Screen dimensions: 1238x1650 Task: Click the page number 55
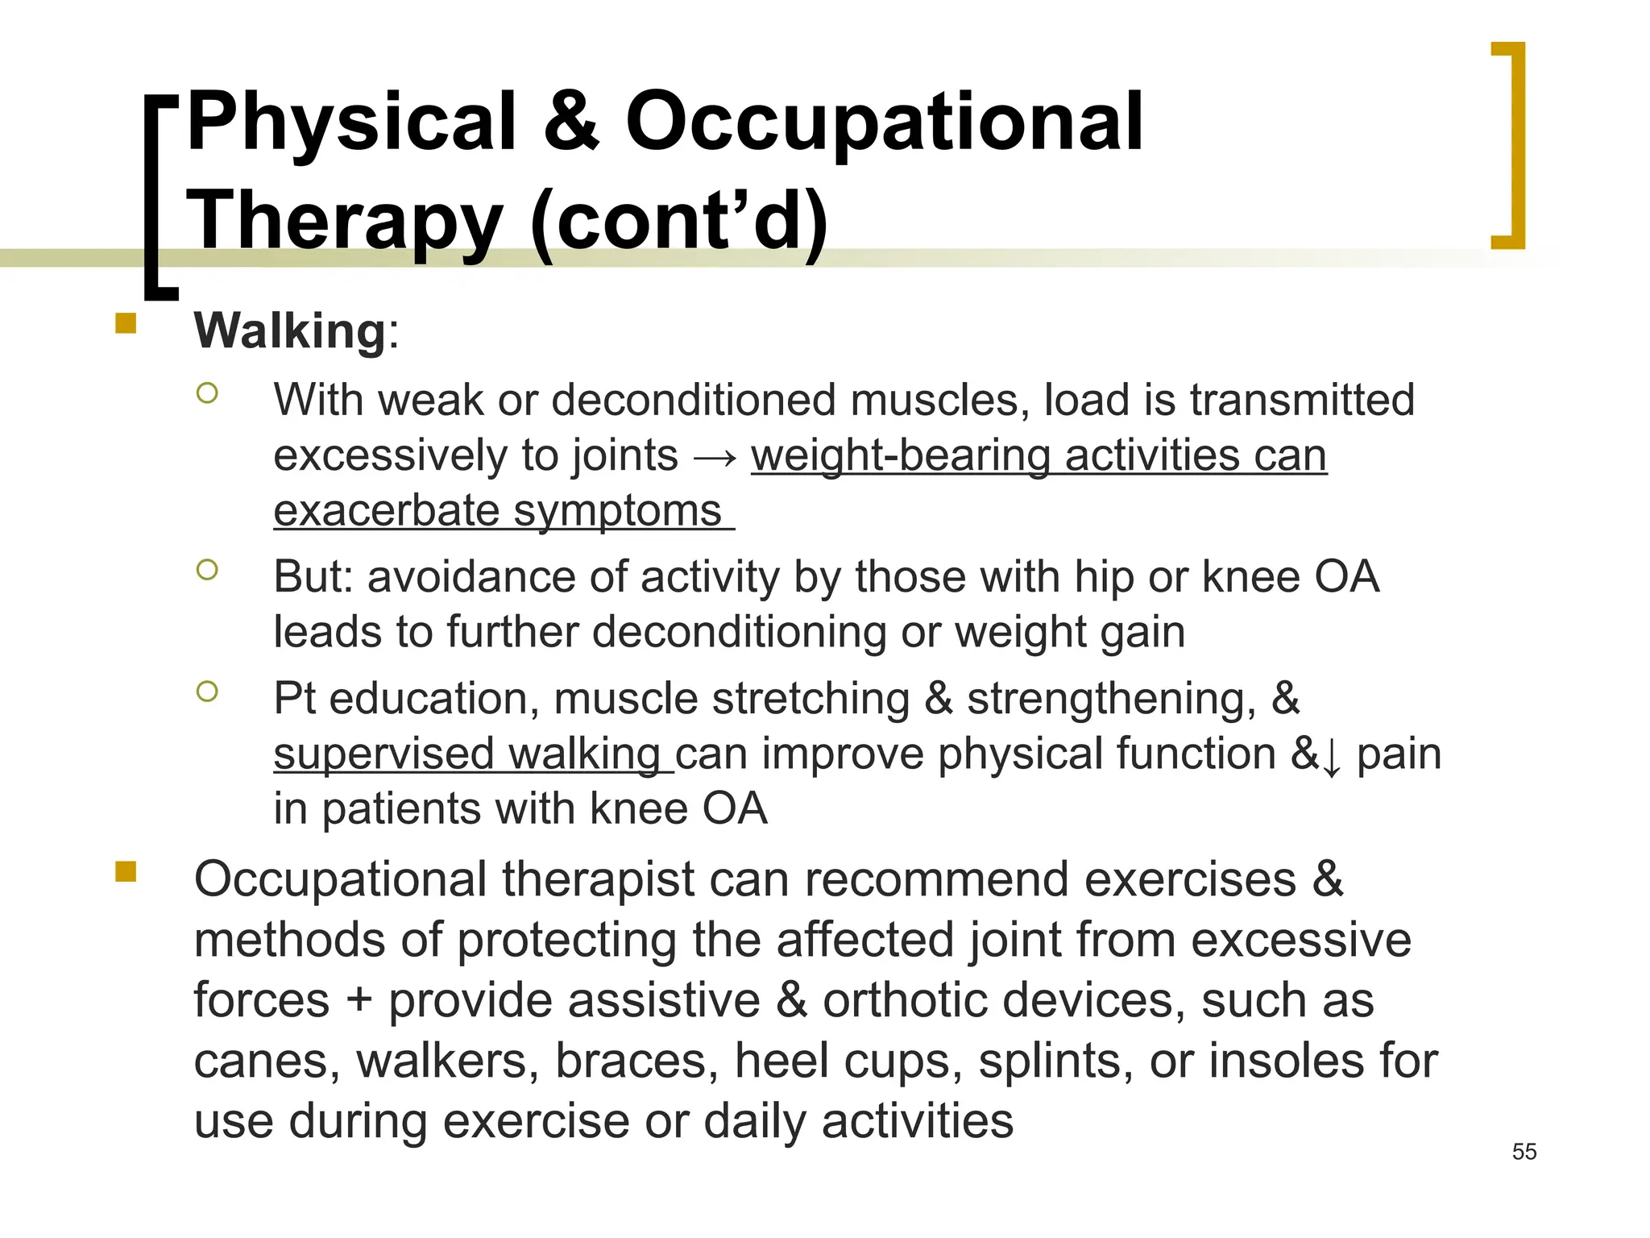(1524, 1152)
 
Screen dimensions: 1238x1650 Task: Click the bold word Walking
(290, 330)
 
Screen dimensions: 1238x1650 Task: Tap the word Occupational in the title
(884, 123)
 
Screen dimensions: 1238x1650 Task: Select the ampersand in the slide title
(571, 123)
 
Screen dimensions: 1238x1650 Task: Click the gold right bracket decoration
(1513, 145)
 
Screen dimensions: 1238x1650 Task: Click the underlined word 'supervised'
(383, 754)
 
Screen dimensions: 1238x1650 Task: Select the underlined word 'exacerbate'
(387, 511)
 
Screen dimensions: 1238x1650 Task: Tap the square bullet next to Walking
(126, 324)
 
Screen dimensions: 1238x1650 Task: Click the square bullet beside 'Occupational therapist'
(126, 872)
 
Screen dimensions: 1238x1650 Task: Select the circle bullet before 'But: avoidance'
(207, 570)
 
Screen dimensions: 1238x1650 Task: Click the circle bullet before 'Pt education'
(207, 692)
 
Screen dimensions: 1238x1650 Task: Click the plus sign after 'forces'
(359, 1001)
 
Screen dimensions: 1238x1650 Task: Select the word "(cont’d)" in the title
(678, 222)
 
